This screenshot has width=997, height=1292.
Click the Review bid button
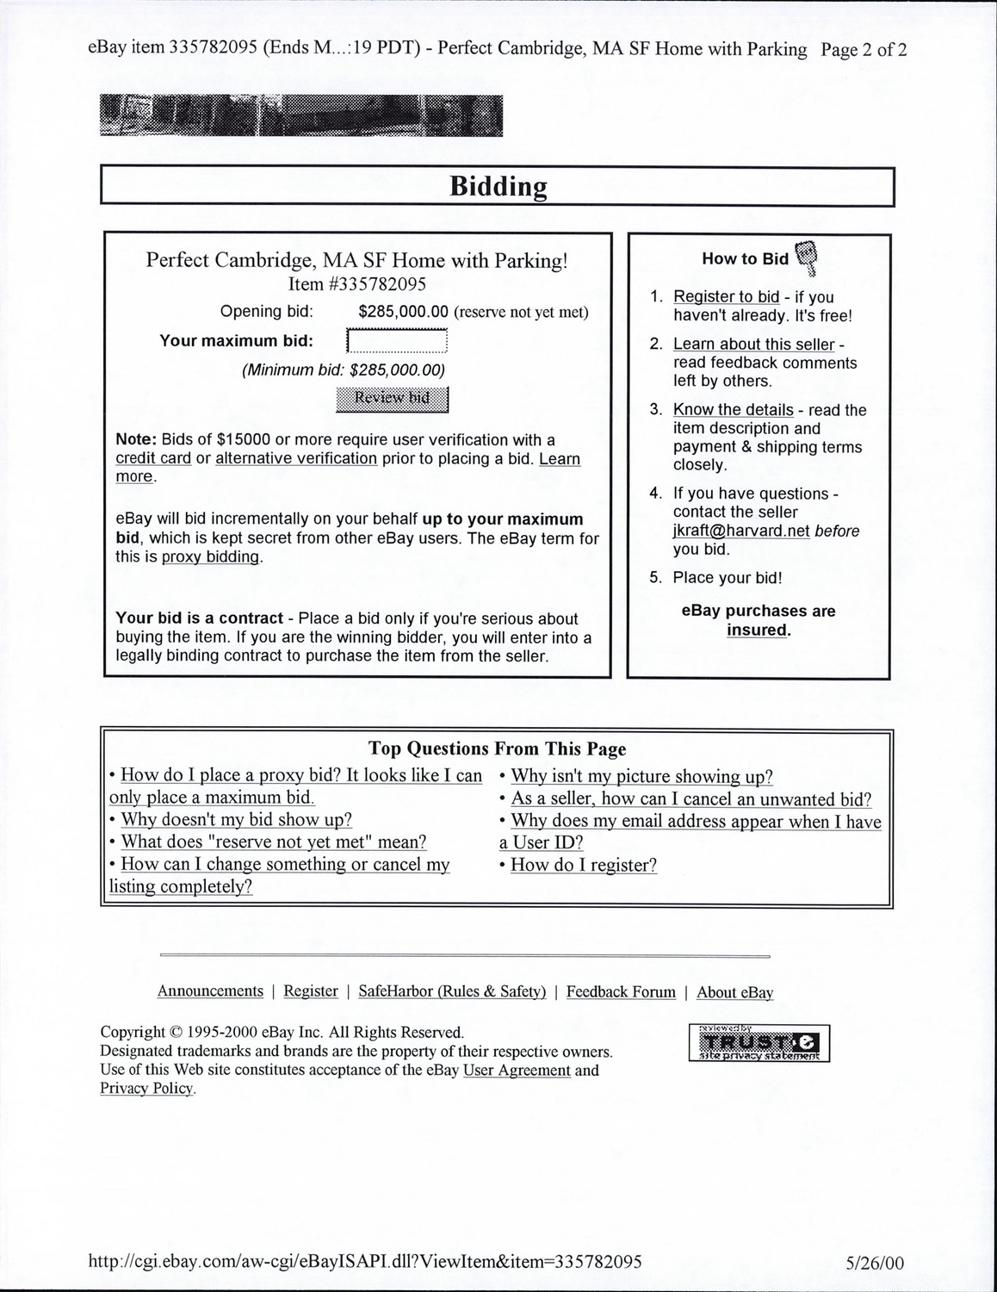[x=392, y=398]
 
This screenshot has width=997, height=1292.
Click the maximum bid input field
[x=397, y=341]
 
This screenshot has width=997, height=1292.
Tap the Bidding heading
[x=498, y=186]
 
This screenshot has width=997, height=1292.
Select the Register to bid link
[x=726, y=297]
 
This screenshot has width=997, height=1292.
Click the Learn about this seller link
[x=753, y=345]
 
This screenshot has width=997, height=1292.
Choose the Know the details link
[x=733, y=410]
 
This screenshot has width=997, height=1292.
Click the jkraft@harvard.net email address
[x=740, y=531]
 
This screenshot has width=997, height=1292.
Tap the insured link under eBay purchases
[x=758, y=630]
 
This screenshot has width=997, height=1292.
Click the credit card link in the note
[x=153, y=458]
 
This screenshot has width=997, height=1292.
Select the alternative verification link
[x=295, y=458]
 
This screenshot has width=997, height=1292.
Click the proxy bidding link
[x=211, y=556]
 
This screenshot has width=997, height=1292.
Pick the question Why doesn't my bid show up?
[x=236, y=820]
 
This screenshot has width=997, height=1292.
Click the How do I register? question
[x=584, y=865]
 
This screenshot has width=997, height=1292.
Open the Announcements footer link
[x=210, y=991]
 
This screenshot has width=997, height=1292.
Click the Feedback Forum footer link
[x=621, y=992]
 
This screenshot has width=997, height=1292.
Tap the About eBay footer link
[x=734, y=992]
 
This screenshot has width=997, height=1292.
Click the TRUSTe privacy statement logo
[x=759, y=1043]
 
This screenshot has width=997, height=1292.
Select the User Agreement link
[x=517, y=1071]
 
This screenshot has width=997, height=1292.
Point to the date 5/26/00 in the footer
[x=876, y=1263]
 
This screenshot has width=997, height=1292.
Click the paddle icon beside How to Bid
[x=806, y=256]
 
